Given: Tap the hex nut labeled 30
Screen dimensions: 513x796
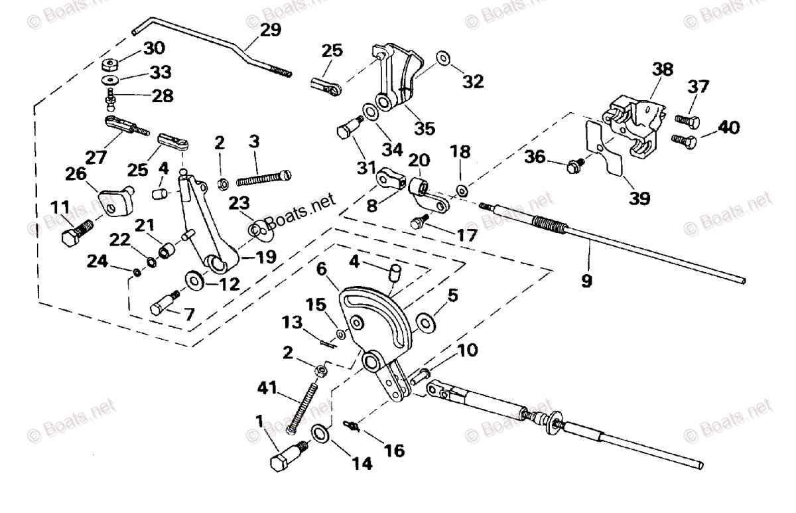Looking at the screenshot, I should tap(111, 66).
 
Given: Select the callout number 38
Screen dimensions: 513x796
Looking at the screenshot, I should tap(661, 68).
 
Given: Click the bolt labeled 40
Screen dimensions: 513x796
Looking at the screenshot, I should tap(683, 139).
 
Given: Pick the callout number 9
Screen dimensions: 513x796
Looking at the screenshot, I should tap(587, 281).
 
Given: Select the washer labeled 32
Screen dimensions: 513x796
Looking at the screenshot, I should tap(442, 60).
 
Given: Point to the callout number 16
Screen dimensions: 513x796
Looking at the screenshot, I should tap(393, 451).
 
